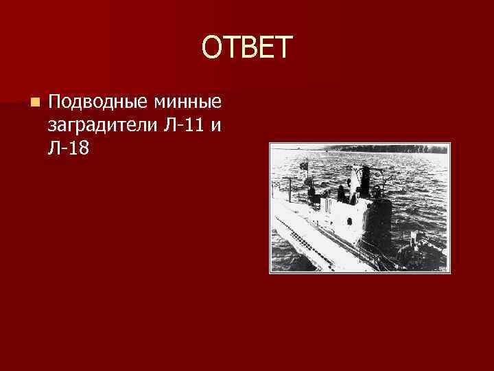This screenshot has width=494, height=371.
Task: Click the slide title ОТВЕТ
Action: coord(247,48)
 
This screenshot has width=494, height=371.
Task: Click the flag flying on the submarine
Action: coord(303,166)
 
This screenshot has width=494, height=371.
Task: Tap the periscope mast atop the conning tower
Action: coord(365,175)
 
